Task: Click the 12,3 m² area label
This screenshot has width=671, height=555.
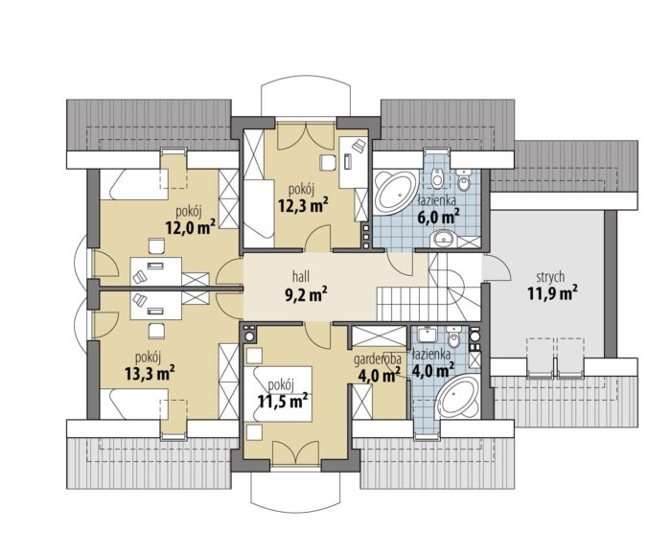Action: [x=304, y=206]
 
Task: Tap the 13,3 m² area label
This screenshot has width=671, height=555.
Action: [x=150, y=373]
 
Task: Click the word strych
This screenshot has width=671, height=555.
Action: [x=550, y=278]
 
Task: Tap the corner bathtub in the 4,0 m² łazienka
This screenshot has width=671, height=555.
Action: [x=458, y=397]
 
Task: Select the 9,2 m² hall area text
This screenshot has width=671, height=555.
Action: [x=306, y=294]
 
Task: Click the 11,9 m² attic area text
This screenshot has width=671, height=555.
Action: [x=550, y=294]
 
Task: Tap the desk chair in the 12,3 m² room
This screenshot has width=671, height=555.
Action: [x=328, y=162]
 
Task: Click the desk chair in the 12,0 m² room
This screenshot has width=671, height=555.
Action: [x=156, y=246]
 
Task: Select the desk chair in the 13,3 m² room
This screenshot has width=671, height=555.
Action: [x=156, y=331]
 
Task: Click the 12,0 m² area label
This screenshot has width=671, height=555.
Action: [x=190, y=227]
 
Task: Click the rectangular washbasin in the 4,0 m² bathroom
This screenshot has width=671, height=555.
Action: [x=427, y=335]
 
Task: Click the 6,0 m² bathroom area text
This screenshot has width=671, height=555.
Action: [x=438, y=217]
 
